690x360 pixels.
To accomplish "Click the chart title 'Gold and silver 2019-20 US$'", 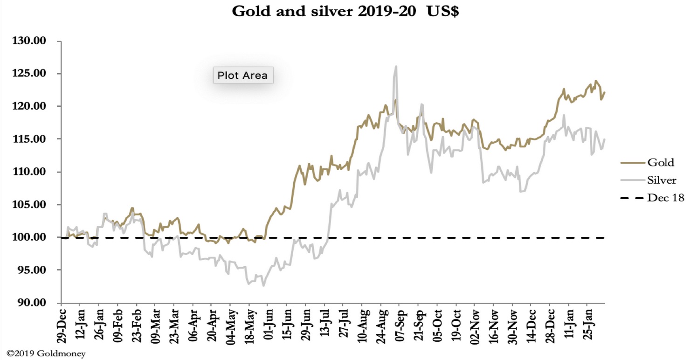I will point(345,12).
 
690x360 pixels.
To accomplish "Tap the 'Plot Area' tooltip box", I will point(242,75).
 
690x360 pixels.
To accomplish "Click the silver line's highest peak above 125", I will point(396,67).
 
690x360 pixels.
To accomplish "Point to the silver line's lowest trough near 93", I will point(263,285).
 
